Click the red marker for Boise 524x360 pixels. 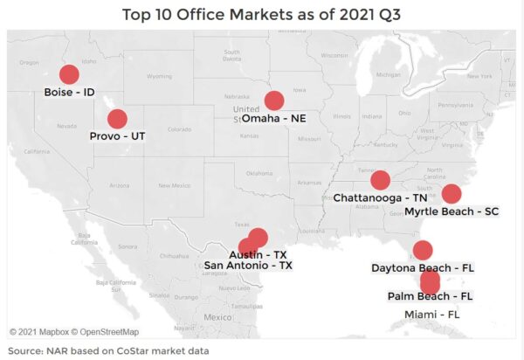pos(68,75)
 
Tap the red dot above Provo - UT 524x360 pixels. pos(117,119)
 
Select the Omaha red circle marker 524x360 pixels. pos(274,100)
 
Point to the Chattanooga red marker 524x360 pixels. pos(380,180)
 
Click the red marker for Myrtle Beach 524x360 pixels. pos(452,194)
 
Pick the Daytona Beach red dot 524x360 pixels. pos(423,250)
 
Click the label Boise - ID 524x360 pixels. pos(69,92)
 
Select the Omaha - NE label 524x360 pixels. pos(274,118)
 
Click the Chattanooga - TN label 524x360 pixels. pos(380,198)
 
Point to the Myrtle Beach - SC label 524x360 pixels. pos(452,211)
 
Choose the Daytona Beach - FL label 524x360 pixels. pos(422,267)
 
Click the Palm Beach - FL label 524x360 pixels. pos(430,296)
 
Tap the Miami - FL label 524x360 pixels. pos(431,314)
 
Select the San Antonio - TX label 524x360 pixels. pos(248,265)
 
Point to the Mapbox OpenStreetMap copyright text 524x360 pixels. pos(74,332)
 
